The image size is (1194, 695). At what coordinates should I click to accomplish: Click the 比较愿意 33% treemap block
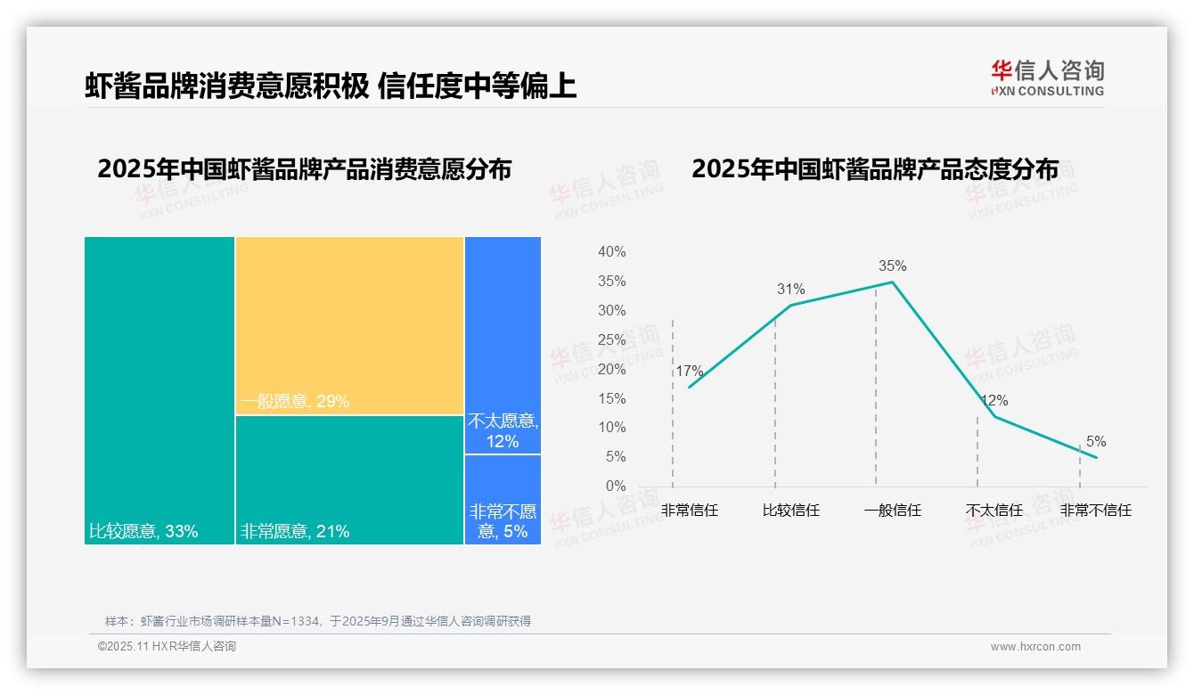point(159,389)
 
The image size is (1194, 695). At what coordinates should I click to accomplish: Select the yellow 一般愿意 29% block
point(349,325)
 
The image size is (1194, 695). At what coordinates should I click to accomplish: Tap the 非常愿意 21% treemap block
point(349,479)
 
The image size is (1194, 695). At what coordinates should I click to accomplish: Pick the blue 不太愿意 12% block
point(503,345)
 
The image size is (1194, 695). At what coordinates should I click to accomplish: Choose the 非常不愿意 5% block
point(503,499)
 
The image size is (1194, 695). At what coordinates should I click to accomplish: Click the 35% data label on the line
point(892,266)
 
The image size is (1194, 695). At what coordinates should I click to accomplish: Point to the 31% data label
point(790,289)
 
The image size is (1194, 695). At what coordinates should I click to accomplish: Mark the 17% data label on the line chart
point(689,371)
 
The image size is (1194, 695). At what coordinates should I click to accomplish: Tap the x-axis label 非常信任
point(689,511)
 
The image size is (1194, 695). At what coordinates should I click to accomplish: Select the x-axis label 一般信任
point(892,511)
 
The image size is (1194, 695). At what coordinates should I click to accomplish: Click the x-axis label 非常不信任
point(1095,511)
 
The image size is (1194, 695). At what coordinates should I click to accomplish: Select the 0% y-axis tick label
point(615,486)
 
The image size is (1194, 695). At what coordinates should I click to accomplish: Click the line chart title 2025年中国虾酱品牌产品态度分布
point(874,169)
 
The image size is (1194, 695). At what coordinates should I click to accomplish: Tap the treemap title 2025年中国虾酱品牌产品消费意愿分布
point(304,169)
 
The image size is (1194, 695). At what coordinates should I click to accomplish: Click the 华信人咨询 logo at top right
point(1047,78)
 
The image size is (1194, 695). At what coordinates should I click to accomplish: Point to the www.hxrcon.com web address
point(1035,646)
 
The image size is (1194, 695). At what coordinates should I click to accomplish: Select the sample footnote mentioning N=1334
point(318,621)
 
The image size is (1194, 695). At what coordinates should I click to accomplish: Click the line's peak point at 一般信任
point(892,282)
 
